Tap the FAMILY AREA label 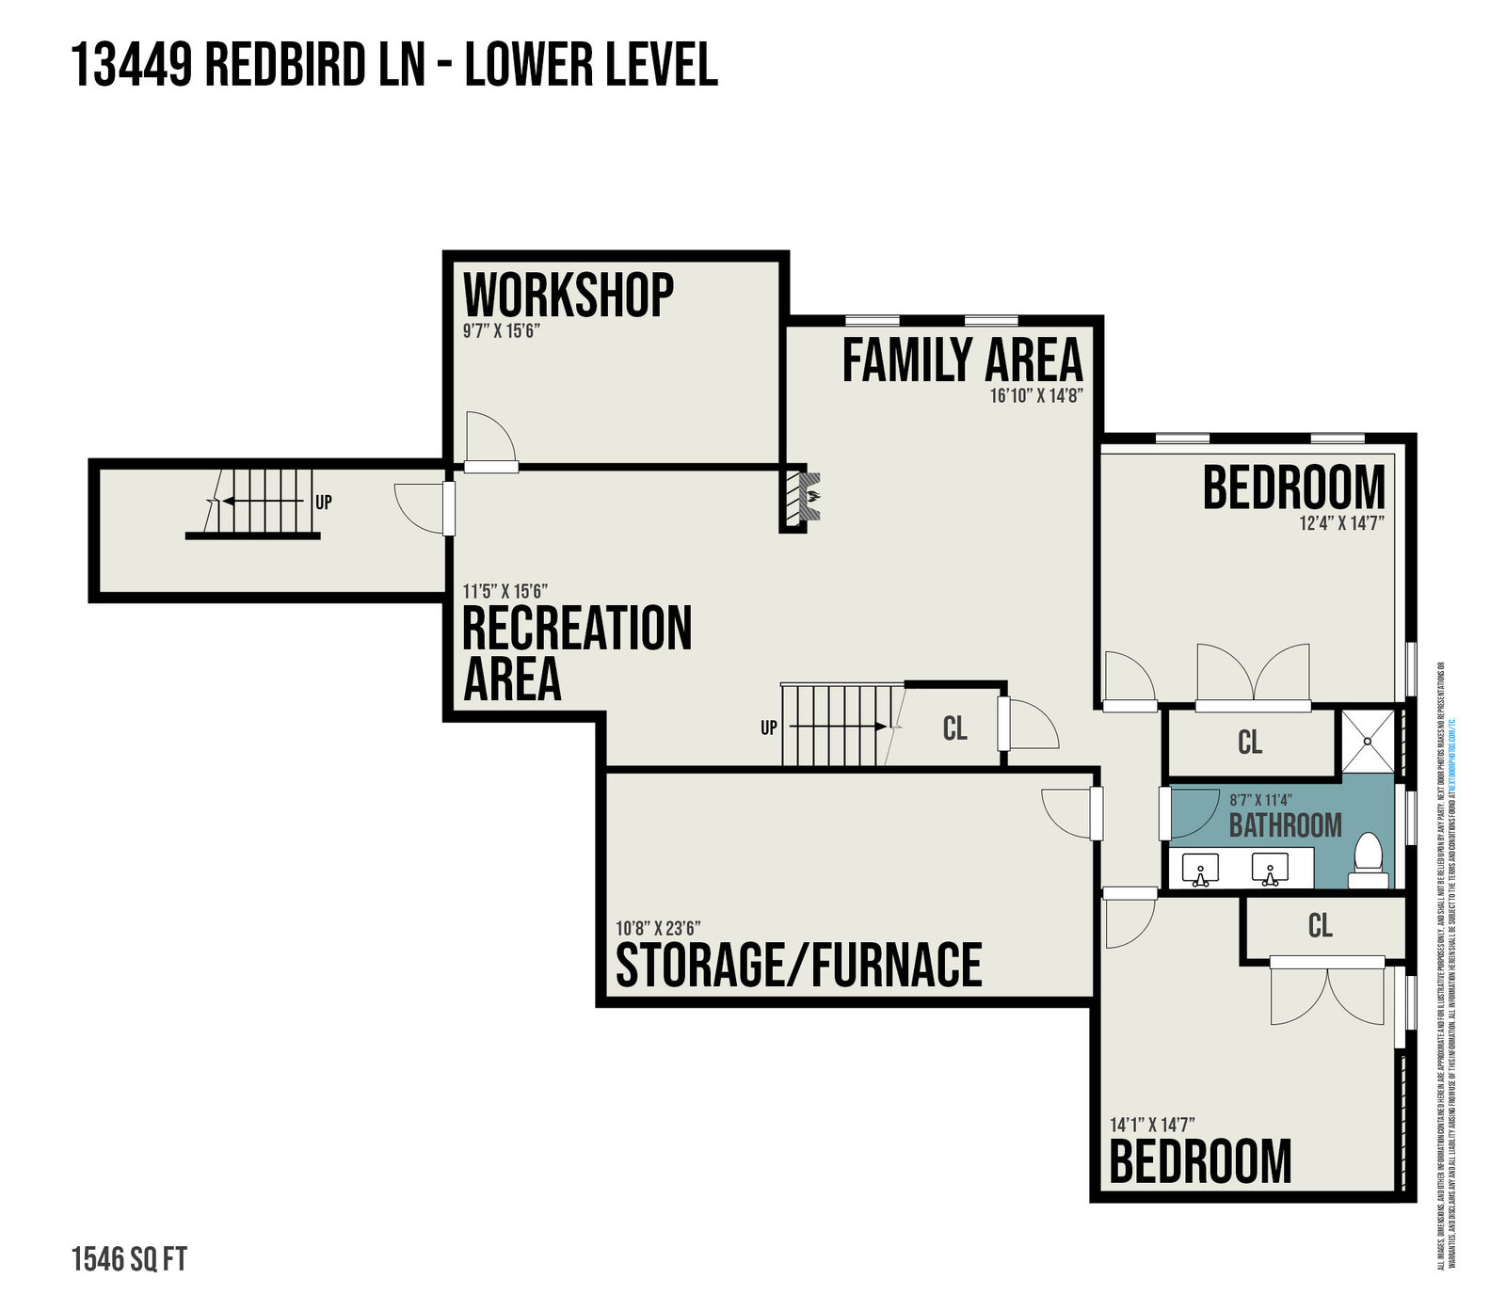point(962,360)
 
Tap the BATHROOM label point(1285,825)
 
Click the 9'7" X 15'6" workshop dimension point(501,331)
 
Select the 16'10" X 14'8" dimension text point(1035,396)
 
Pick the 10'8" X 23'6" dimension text point(658,929)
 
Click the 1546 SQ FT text point(129,1259)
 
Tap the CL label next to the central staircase point(954,728)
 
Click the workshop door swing point(489,438)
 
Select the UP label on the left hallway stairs point(323,503)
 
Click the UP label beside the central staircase point(769,727)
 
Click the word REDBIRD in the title point(314,66)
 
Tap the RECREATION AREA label point(577,652)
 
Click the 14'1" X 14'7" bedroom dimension point(1152,1125)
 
